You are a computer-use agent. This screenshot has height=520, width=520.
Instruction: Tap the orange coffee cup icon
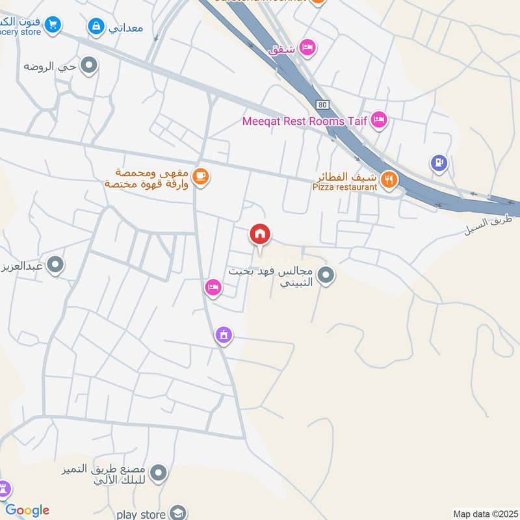[x=201, y=176]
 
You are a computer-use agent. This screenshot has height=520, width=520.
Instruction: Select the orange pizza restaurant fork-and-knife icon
[x=389, y=179]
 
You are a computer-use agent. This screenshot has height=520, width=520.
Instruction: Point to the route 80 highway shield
[x=324, y=103]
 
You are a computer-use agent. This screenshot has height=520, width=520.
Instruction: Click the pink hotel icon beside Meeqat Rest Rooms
[x=380, y=120]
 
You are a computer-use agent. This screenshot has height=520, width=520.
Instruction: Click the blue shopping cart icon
[x=53, y=25]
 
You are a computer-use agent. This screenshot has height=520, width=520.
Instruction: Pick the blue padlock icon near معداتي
[x=96, y=27]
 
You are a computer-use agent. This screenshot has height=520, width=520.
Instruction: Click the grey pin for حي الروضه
[x=89, y=66]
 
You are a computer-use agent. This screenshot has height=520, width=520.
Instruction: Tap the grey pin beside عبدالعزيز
[x=56, y=265]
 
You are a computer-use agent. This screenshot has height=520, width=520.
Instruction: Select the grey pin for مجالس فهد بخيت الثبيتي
[x=326, y=276]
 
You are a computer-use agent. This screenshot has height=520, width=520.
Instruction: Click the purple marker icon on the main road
[x=223, y=335]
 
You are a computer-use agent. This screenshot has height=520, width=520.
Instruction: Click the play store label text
[x=141, y=514]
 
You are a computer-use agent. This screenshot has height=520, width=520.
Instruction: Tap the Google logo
[x=27, y=510]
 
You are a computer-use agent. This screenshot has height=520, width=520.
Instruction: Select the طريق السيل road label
[x=488, y=225]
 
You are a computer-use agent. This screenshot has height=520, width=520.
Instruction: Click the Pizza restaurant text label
[x=344, y=187]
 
